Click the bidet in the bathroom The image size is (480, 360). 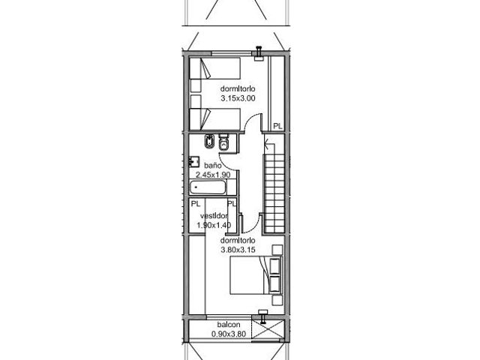209,142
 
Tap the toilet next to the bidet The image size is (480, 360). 224,142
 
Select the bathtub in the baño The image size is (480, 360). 208,187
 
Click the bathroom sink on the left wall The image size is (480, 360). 193,161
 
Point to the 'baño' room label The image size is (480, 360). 213,166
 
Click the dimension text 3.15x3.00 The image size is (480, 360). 238,98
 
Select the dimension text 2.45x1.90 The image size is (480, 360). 213,175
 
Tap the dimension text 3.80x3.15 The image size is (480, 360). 238,250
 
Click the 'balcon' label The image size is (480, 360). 229,325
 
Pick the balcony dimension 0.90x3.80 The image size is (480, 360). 229,334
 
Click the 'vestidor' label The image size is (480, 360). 214,216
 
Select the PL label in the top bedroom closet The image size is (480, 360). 277,126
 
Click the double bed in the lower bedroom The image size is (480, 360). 256,275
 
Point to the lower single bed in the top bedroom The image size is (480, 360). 215,118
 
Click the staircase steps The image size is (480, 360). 274,193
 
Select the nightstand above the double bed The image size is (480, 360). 277,250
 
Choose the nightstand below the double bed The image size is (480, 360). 277,300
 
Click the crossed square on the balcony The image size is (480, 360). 268,330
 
